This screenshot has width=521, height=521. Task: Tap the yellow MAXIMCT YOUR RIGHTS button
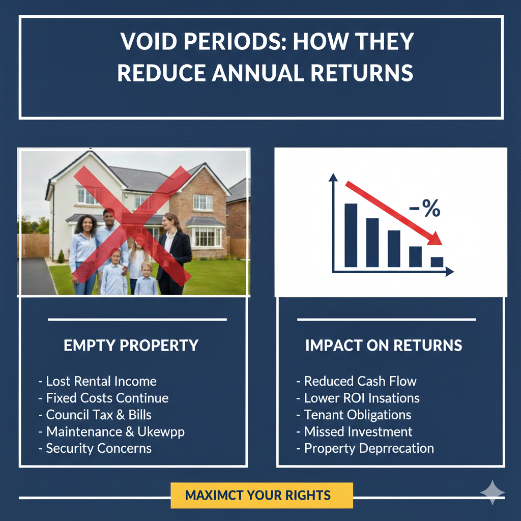tap(262, 496)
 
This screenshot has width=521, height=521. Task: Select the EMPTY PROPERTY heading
tap(131, 345)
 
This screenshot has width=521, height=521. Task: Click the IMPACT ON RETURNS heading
tap(384, 345)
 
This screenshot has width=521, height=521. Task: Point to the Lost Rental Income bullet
tap(101, 381)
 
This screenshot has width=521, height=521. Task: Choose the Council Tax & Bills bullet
tap(98, 415)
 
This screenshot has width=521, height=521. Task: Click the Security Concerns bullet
tap(98, 448)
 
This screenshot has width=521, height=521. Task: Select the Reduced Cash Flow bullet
tap(360, 381)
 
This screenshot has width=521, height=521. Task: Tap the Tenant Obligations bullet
tap(357, 415)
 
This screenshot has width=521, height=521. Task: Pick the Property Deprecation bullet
tap(368, 448)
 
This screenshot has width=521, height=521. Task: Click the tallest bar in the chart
tap(351, 235)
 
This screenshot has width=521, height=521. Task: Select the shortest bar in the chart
tap(437, 262)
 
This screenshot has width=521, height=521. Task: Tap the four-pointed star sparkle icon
tap(492, 492)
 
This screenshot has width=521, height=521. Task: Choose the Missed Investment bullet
tap(358, 431)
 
